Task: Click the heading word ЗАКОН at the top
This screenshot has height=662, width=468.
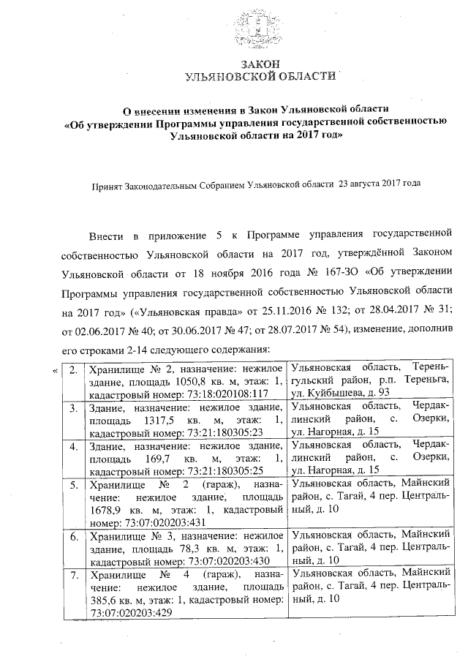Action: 261,64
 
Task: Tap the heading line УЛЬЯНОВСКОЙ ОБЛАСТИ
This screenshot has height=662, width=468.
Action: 261,76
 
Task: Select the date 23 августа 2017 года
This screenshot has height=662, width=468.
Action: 380,186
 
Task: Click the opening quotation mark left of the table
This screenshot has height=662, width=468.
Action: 56,369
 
